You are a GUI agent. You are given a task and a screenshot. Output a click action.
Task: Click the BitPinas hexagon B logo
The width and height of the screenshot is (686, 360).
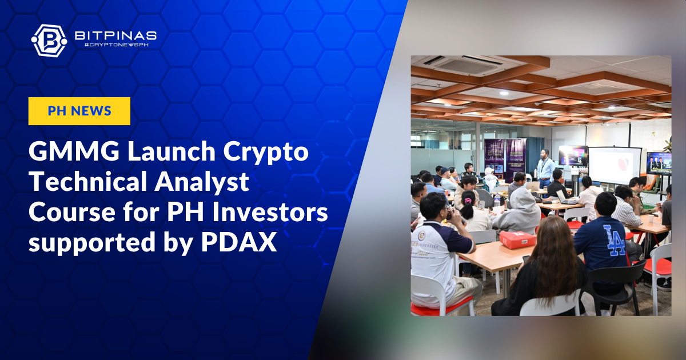click(49, 41)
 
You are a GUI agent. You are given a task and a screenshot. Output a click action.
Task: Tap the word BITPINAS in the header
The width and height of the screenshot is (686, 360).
click(115, 35)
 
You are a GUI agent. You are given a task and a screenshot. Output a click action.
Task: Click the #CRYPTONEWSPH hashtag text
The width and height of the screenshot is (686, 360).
click(116, 45)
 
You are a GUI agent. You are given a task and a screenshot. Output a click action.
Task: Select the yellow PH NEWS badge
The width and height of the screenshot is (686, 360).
click(79, 111)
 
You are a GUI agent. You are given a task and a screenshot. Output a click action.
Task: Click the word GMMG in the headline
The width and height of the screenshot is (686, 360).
click(74, 151)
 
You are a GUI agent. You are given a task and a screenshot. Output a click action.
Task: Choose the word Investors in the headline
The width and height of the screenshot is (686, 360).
click(270, 213)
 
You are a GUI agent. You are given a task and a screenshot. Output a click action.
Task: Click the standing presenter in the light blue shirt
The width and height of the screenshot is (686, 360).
click(545, 168)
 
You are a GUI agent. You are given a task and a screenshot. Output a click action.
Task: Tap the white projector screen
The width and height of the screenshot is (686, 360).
click(615, 165)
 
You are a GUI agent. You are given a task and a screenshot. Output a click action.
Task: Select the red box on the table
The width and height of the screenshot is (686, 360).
click(517, 239)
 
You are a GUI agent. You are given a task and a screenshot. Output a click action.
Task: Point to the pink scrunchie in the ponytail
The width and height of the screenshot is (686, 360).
click(468, 201)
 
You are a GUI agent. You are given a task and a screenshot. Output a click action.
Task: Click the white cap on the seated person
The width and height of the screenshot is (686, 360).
click(489, 170)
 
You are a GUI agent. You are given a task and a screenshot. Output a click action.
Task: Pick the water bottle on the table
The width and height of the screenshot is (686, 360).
click(497, 199)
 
